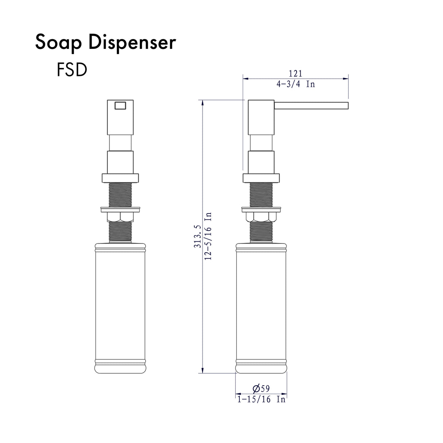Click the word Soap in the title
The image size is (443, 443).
tap(59, 43)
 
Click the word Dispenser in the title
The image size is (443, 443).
tap(132, 43)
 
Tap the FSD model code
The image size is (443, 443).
tap(72, 70)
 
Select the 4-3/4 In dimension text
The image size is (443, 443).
tap(296, 84)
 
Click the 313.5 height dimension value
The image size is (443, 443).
tap(197, 236)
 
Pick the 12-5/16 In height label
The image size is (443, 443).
tap(208, 236)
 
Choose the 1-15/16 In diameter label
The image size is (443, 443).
tap(261, 400)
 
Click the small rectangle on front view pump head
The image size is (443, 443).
tap(120, 105)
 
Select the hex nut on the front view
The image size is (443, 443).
tap(120, 217)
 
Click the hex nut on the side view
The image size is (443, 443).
tap(261, 217)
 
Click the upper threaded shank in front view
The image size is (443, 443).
tap(120, 195)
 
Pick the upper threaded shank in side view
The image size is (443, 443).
tap(261, 195)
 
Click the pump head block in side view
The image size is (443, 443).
tap(261, 117)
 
